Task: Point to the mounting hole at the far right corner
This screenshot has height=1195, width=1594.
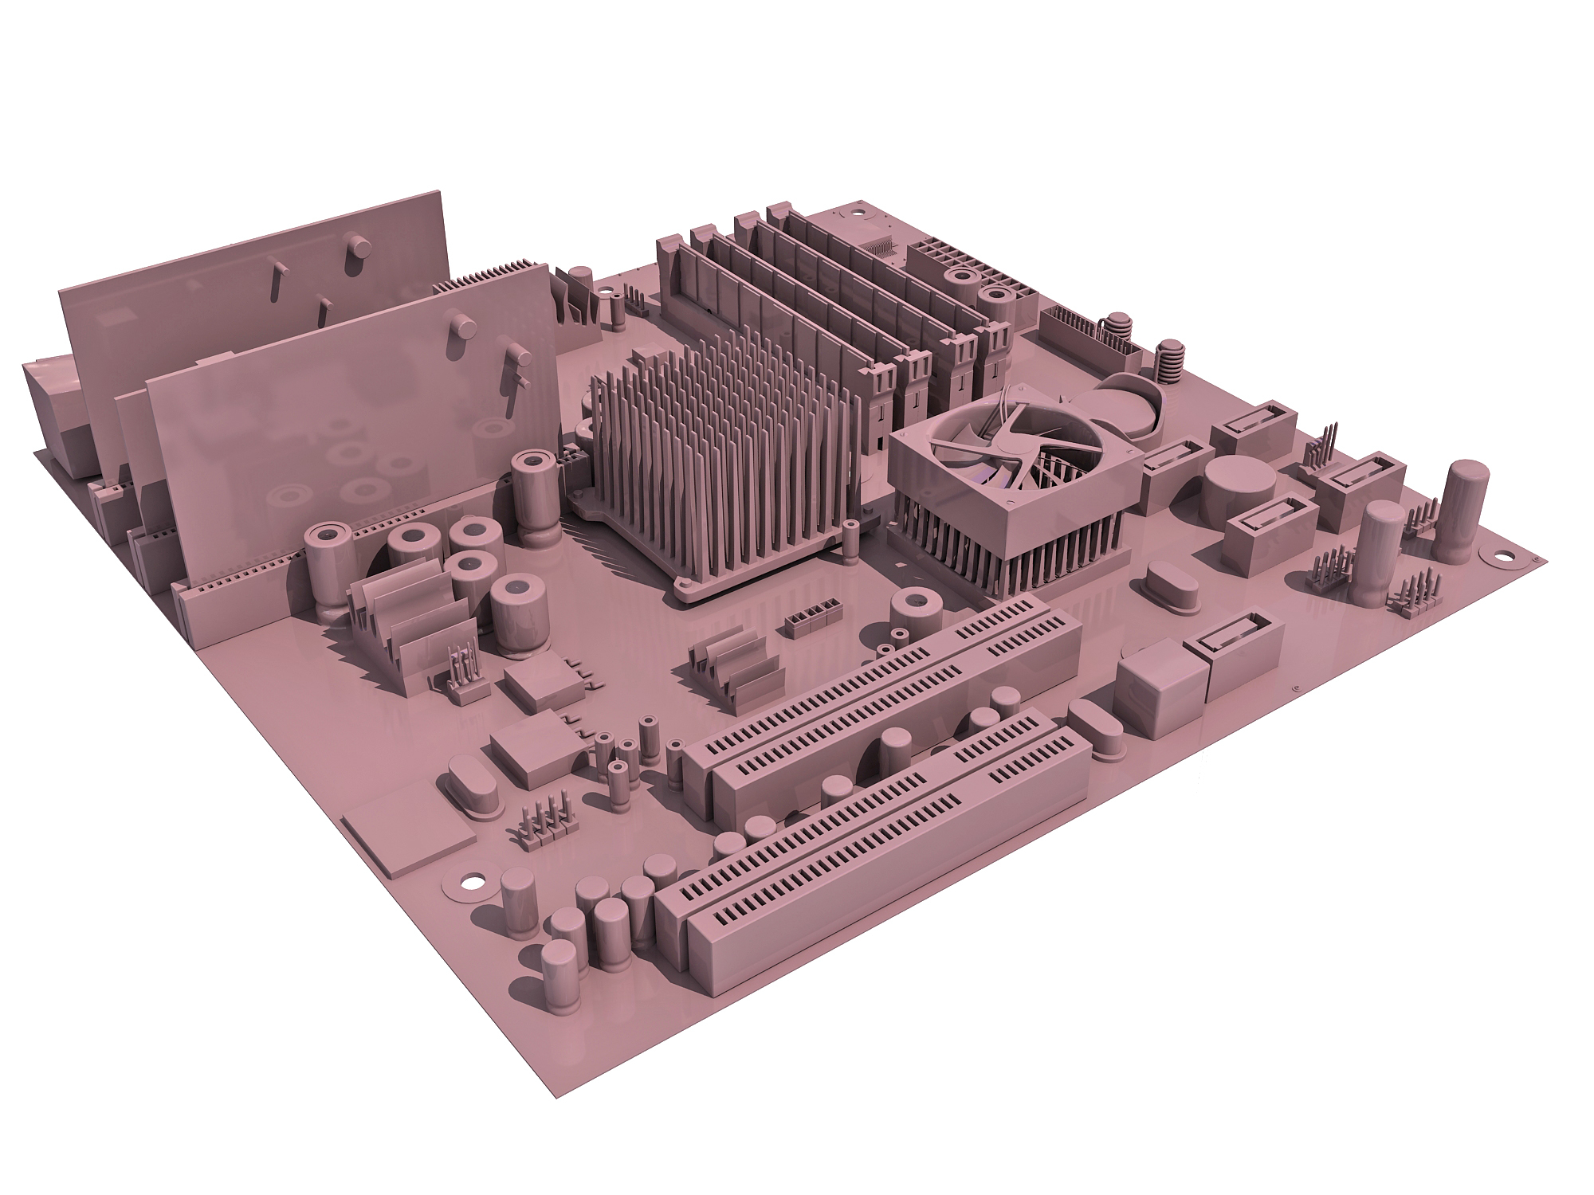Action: coord(1505,557)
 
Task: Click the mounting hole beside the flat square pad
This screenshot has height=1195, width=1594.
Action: coord(473,883)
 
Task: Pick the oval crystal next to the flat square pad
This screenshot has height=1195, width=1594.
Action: coord(470,787)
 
